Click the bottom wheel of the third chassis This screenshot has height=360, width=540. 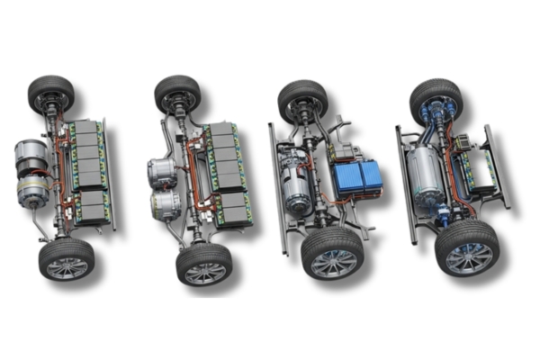330,253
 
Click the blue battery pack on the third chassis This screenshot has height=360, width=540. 356,177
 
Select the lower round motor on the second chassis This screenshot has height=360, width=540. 166,205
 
